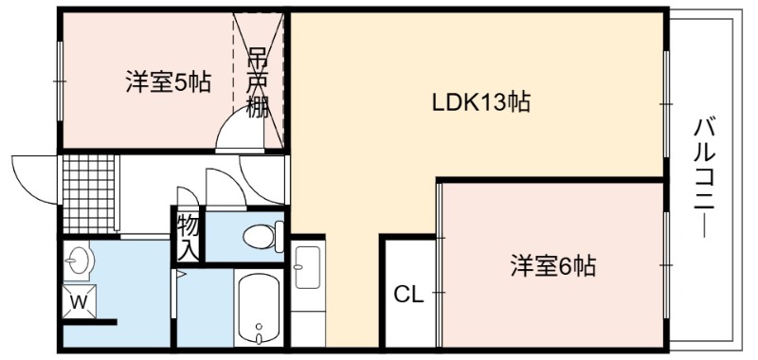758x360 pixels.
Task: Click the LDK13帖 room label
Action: (480, 102)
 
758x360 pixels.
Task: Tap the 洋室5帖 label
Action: (169, 81)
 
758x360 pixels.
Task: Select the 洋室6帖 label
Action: (553, 265)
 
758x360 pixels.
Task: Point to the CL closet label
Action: (408, 294)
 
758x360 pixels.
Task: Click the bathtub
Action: (259, 308)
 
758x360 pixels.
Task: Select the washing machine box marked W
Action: (80, 302)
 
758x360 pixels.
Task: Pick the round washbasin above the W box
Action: (79, 261)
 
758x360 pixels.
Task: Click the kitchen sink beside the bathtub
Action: (308, 267)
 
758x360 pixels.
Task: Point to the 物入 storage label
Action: (188, 237)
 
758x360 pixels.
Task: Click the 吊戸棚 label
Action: (257, 82)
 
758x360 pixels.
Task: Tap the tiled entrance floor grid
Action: (89, 194)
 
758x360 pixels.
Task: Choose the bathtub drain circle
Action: (259, 326)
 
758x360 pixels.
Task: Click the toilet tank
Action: (279, 236)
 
